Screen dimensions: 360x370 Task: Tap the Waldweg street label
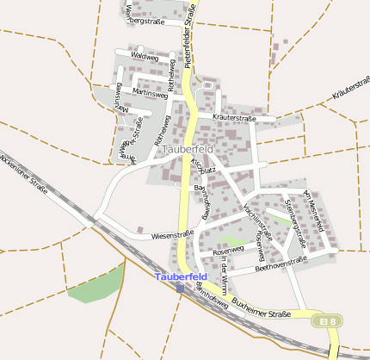tap(145, 56)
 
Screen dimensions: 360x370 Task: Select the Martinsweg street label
tap(150, 93)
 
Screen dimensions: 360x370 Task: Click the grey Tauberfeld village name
tap(186, 150)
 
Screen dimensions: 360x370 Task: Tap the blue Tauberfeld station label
tap(181, 276)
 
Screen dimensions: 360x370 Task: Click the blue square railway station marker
tap(180, 288)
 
